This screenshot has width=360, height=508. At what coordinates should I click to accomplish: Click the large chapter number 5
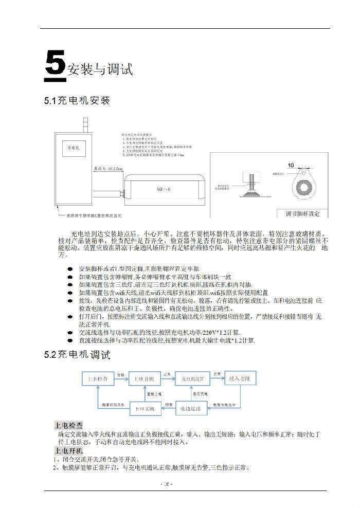click(55, 66)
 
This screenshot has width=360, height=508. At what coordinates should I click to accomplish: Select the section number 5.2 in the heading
click(51, 355)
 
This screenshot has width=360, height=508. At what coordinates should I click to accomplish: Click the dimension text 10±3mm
click(107, 168)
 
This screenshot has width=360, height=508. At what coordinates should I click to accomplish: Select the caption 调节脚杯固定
click(302, 213)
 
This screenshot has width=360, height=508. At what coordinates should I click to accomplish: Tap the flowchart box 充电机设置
click(193, 379)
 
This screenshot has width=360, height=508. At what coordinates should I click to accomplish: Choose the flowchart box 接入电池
click(240, 379)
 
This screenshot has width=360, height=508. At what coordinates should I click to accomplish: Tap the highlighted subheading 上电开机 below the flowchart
click(68, 451)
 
